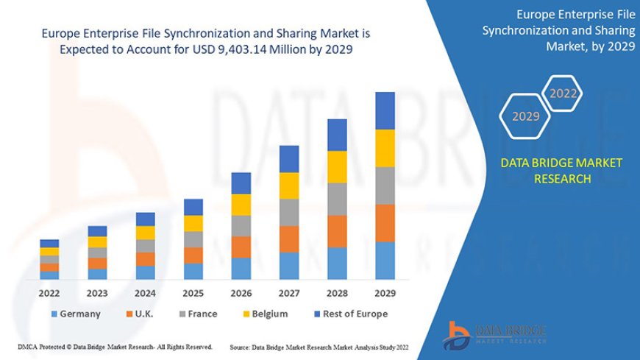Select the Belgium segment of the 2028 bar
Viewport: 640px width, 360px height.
pyautogui.click(x=337, y=166)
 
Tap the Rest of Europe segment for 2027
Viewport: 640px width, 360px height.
pyautogui.click(x=289, y=159)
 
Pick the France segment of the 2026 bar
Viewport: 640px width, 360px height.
pyautogui.click(x=241, y=226)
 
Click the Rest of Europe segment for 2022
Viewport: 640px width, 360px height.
pyautogui.click(x=49, y=243)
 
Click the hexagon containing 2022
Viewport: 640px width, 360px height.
pyautogui.click(x=563, y=93)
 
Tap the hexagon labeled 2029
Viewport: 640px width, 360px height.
pyautogui.click(x=525, y=116)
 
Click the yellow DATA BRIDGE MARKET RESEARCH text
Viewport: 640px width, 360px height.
pyautogui.click(x=561, y=170)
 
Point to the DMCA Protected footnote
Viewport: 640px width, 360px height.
pyautogui.click(x=115, y=346)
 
